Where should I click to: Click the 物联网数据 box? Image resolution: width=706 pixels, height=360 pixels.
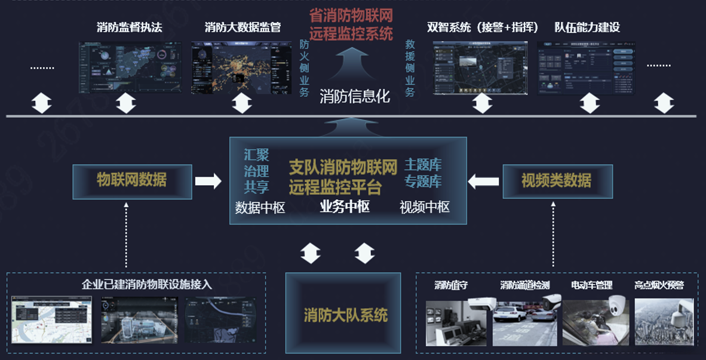(132, 181)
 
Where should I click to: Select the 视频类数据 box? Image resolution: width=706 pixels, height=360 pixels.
(557, 181)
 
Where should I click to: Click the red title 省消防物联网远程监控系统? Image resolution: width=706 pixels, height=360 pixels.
(351, 24)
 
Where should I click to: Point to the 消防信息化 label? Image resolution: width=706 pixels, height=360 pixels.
(355, 96)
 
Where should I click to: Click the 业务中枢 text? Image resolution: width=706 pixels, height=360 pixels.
(345, 207)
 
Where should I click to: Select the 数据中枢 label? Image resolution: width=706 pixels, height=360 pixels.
(260, 208)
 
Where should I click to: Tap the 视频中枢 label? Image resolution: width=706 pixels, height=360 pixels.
(424, 207)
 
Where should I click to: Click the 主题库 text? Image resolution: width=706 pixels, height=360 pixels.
(423, 165)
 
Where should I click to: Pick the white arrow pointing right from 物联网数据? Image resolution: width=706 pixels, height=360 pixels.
(208, 181)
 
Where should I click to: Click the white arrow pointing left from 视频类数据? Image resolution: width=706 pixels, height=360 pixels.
(483, 181)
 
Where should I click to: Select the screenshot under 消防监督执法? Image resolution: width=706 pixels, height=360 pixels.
(130, 67)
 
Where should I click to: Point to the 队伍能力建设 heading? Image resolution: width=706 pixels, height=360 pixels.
(587, 27)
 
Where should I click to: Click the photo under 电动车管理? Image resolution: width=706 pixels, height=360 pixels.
(596, 321)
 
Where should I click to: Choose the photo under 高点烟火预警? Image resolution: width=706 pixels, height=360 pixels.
(664, 321)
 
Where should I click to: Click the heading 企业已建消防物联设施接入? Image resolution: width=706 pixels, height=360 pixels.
(146, 285)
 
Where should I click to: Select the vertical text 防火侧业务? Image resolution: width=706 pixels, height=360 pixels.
(304, 68)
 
